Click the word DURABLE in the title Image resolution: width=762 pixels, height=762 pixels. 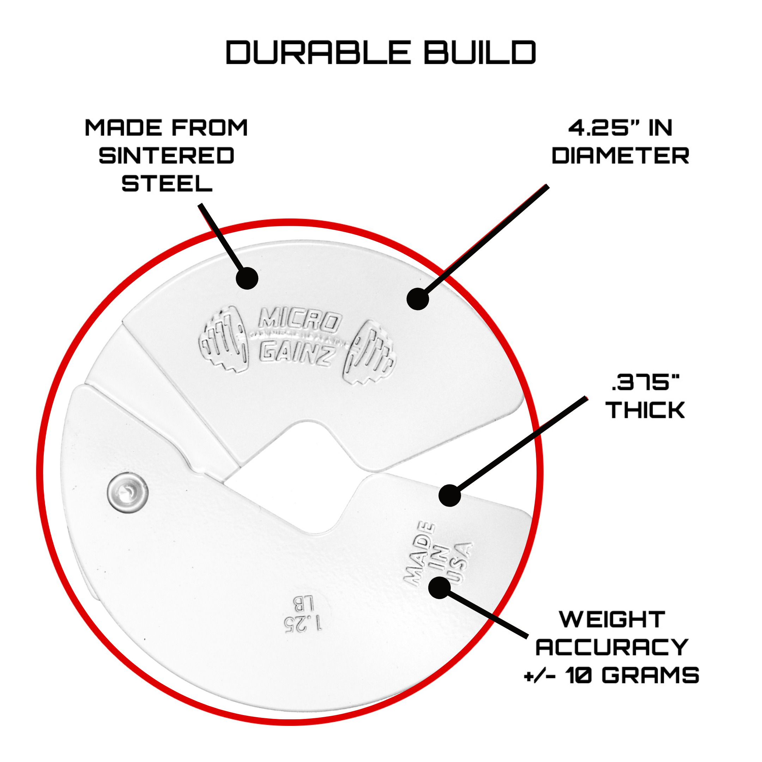click(318, 53)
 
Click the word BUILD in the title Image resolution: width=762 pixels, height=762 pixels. click(480, 53)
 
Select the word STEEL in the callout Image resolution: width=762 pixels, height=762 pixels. click(167, 184)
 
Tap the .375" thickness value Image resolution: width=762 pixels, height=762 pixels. click(646, 382)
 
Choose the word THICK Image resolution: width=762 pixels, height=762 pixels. click(646, 410)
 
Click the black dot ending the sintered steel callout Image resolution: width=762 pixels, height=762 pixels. click(247, 278)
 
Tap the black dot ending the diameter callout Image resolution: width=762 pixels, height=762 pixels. click(418, 298)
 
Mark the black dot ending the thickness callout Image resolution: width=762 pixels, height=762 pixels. click(450, 495)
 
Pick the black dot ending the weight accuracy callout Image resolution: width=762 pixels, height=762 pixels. click(439, 587)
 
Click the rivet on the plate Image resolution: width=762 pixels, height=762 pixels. click(127, 494)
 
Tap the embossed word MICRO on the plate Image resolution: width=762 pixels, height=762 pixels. click(299, 321)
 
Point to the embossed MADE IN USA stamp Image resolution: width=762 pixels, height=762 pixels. click(439, 554)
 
